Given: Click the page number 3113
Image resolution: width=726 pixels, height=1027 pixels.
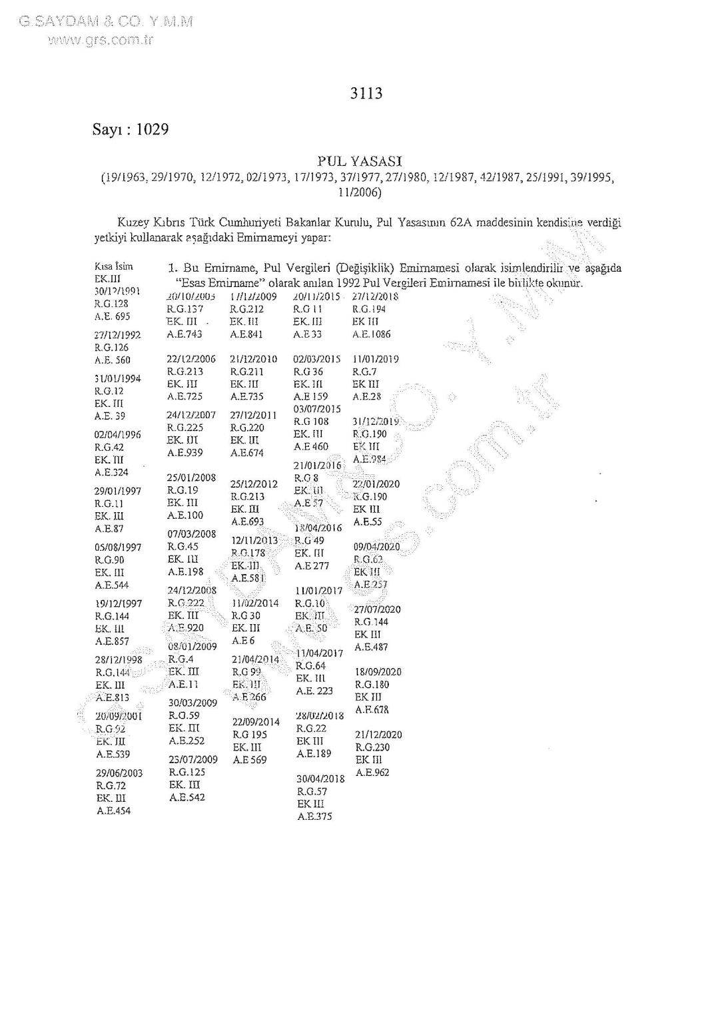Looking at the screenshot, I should click(366, 93).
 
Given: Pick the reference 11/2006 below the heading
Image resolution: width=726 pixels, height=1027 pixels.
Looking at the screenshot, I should click(359, 192).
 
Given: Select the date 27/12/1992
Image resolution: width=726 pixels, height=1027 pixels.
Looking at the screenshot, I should click(117, 335).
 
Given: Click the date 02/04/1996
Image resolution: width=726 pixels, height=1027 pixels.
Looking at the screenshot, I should click(117, 434).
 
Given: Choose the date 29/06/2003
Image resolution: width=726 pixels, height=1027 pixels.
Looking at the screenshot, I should click(119, 773).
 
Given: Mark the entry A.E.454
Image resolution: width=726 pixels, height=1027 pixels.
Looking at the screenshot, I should click(113, 811).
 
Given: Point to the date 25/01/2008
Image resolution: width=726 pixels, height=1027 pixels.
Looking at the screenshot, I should click(191, 477).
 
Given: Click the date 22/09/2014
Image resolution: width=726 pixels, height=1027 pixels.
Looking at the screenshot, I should click(256, 722).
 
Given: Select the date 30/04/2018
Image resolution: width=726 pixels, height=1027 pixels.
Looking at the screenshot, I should click(320, 779).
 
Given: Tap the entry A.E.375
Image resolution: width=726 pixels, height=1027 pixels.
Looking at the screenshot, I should click(314, 817).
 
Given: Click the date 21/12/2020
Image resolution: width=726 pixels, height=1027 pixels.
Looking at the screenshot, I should click(378, 735).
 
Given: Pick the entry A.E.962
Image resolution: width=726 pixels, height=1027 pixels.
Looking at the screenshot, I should click(372, 773).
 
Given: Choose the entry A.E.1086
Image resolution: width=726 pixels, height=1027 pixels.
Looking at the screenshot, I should click(371, 334).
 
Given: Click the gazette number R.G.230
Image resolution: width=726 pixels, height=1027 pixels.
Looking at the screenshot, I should click(372, 747).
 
